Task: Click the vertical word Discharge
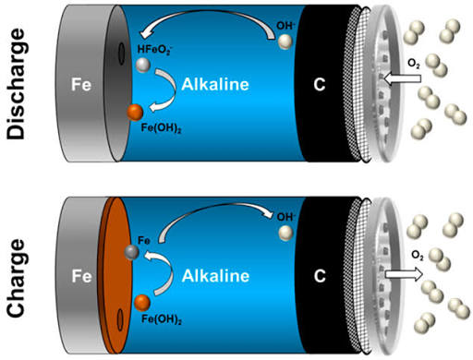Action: tap(16, 84)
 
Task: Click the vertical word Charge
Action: tap(16, 278)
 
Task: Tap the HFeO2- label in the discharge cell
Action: tap(153, 50)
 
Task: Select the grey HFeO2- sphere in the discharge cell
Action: tap(143, 65)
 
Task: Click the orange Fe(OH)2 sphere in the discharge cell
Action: tap(135, 113)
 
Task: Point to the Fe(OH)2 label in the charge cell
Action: tap(162, 319)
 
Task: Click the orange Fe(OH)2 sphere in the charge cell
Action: tap(142, 303)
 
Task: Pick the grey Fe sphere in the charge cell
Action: tap(132, 252)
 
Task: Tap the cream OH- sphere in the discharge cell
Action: tap(285, 42)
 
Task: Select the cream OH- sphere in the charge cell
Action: tap(286, 233)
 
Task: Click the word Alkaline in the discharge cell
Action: tap(215, 84)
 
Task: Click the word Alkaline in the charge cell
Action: tap(215, 276)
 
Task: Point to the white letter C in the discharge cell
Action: tap(320, 84)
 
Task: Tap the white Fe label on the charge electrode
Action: tap(81, 276)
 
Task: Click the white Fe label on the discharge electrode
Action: tap(81, 84)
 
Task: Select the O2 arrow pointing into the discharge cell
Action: tap(403, 78)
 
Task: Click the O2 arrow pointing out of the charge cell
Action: tap(404, 274)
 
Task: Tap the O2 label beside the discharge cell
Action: tap(414, 64)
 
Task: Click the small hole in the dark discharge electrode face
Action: tap(122, 54)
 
